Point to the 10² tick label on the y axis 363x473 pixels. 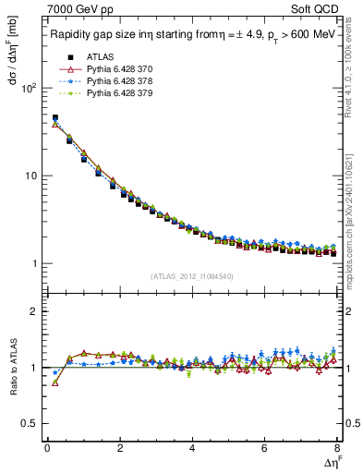pos(28,89)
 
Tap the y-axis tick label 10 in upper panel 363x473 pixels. pos(30,176)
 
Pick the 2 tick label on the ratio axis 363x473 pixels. pos(33,311)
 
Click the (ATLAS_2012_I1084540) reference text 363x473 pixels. pos(192,276)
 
